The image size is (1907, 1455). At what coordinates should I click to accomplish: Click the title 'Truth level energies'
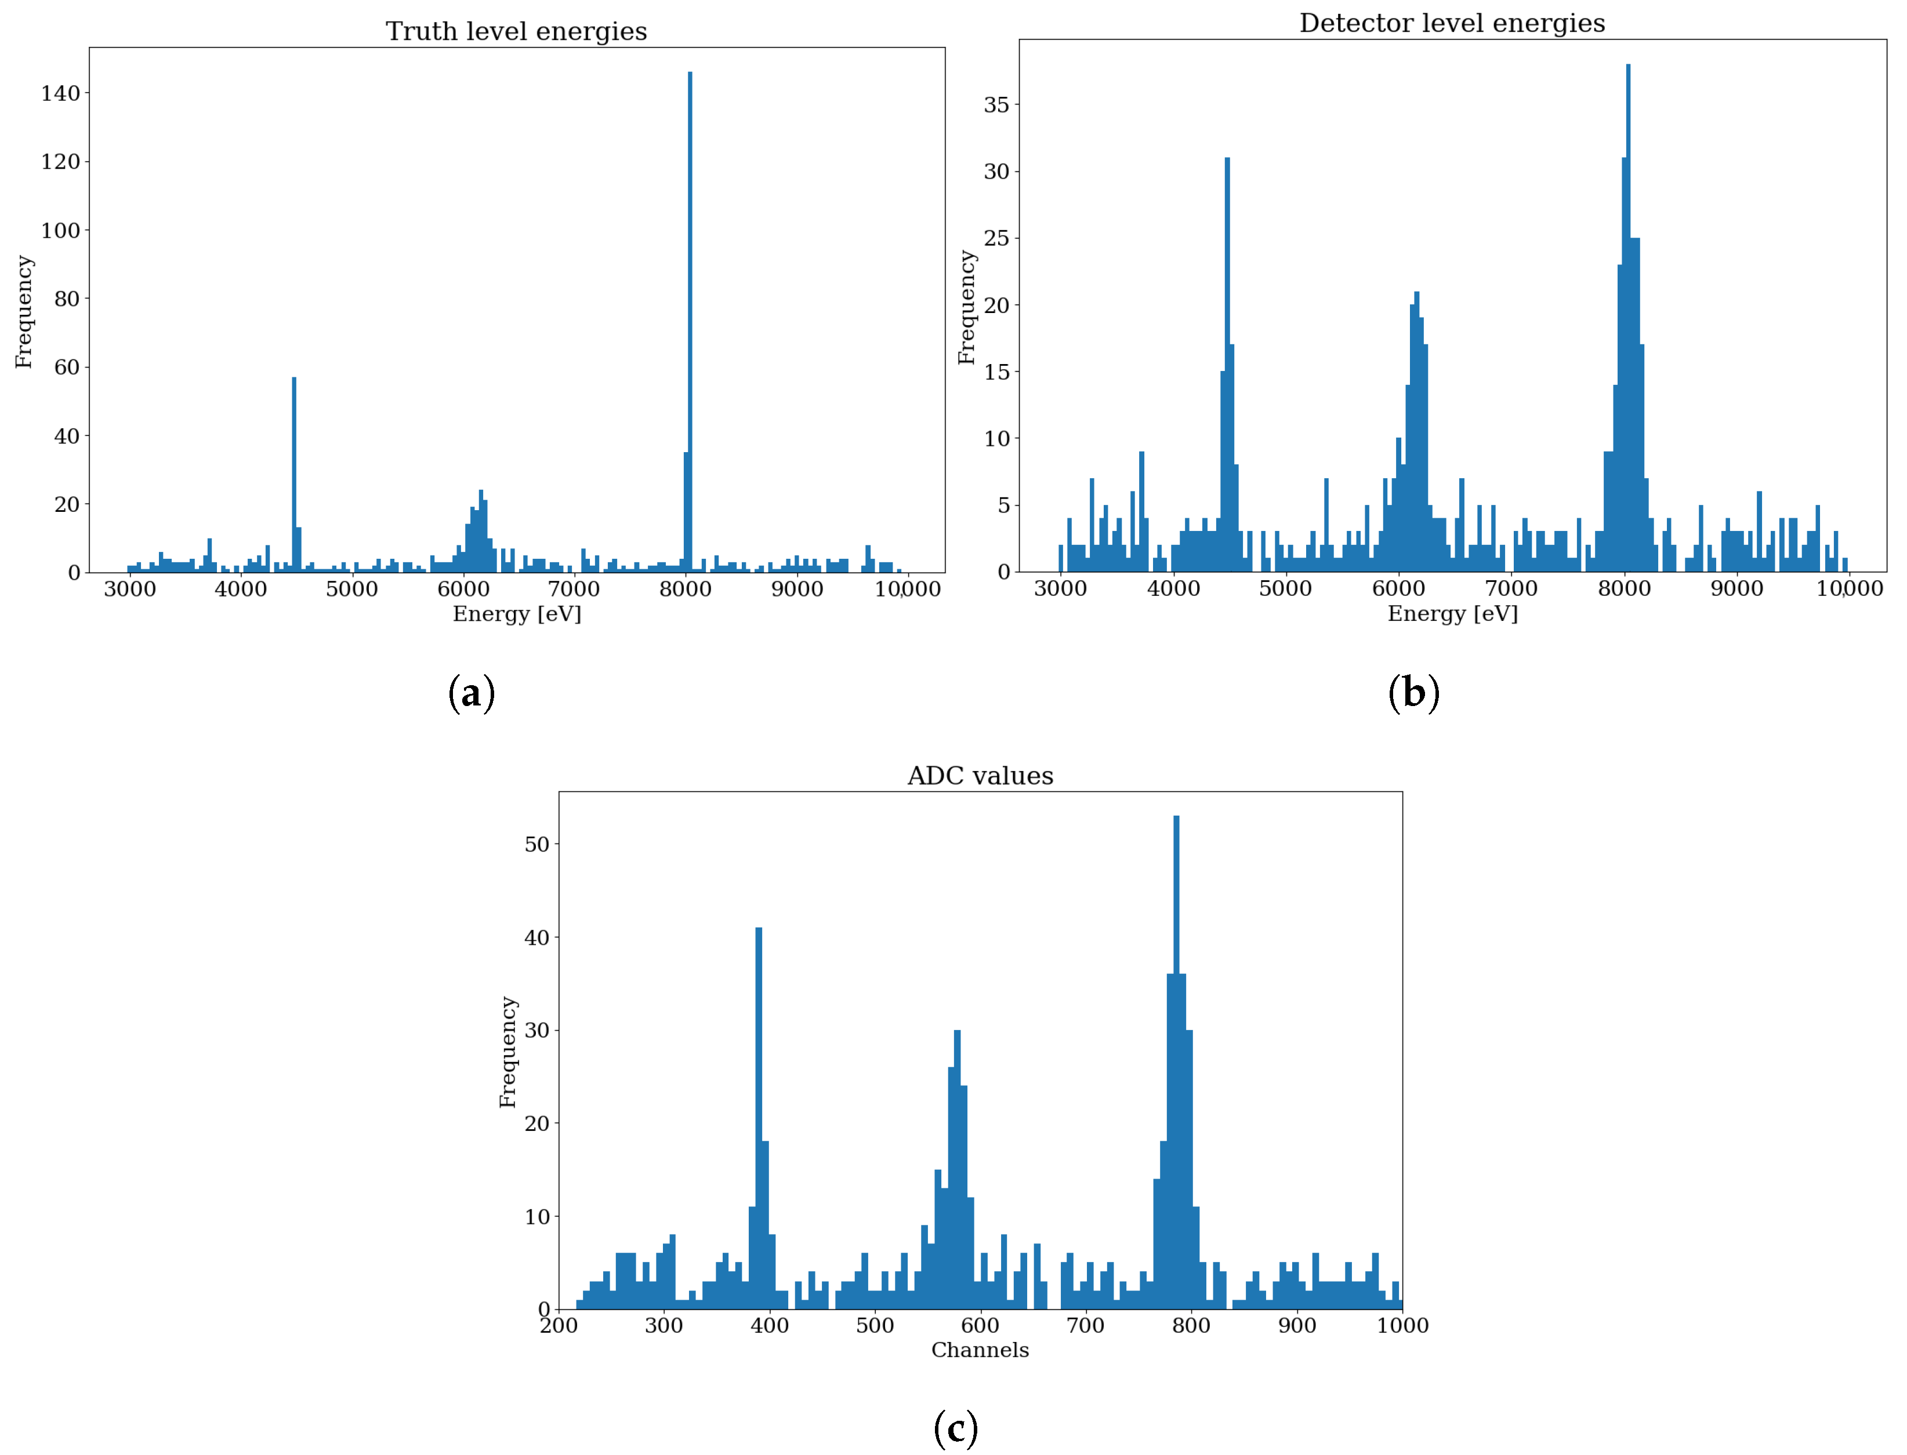click(516, 31)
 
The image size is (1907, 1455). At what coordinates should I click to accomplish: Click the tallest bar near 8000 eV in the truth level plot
click(690, 321)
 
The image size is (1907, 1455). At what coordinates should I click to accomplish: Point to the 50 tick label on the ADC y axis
click(536, 845)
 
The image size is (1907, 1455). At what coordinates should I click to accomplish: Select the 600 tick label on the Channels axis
click(980, 1325)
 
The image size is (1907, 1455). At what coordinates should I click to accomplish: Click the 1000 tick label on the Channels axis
click(1402, 1325)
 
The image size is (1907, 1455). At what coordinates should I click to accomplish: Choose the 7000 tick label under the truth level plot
click(574, 590)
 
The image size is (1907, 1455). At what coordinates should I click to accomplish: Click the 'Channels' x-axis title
click(980, 1350)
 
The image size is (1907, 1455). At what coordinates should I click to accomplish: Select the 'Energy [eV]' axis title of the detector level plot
click(1452, 614)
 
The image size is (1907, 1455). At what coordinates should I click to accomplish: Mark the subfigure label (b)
click(1413, 694)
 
